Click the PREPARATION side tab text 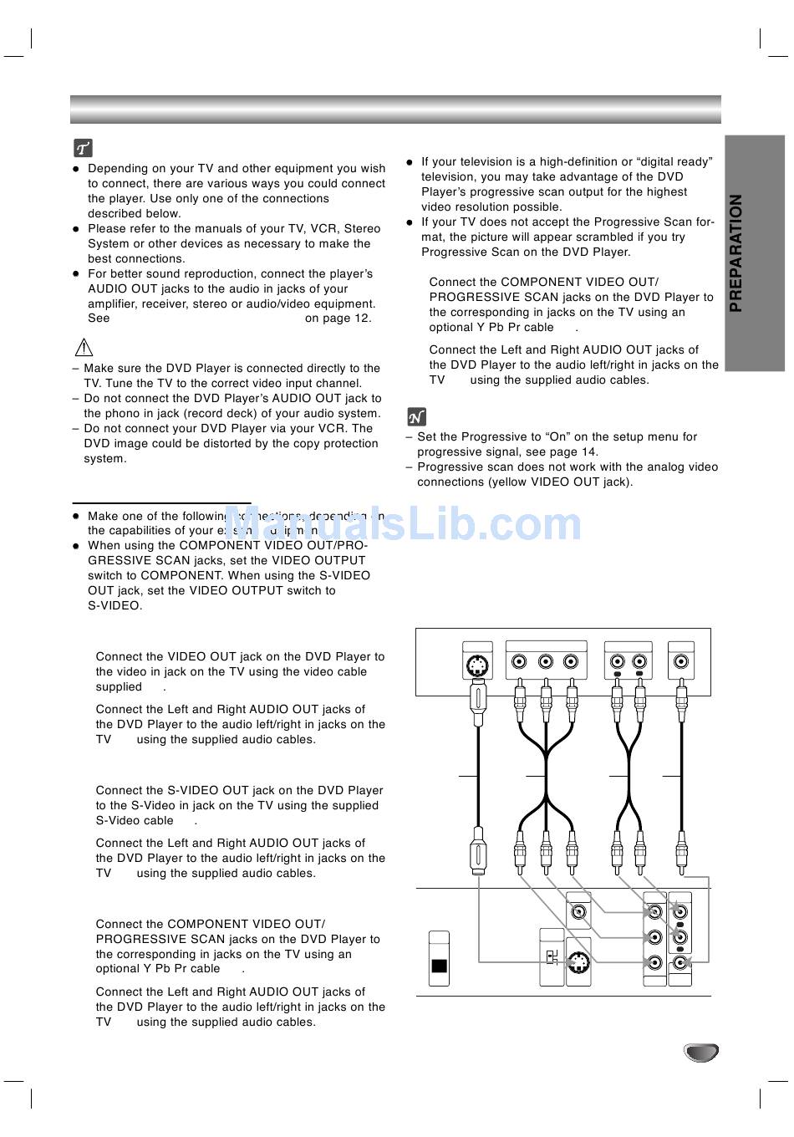(x=735, y=253)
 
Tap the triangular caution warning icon (x=84, y=347)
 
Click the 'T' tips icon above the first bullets (x=83, y=149)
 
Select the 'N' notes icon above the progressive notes (x=416, y=416)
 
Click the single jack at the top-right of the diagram (x=682, y=662)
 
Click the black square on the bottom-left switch (x=439, y=966)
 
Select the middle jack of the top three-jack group (x=546, y=662)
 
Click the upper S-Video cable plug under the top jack (x=477, y=705)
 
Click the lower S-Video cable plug (x=477, y=851)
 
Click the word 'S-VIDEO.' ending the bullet (x=115, y=605)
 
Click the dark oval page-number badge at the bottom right (x=701, y=1053)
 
